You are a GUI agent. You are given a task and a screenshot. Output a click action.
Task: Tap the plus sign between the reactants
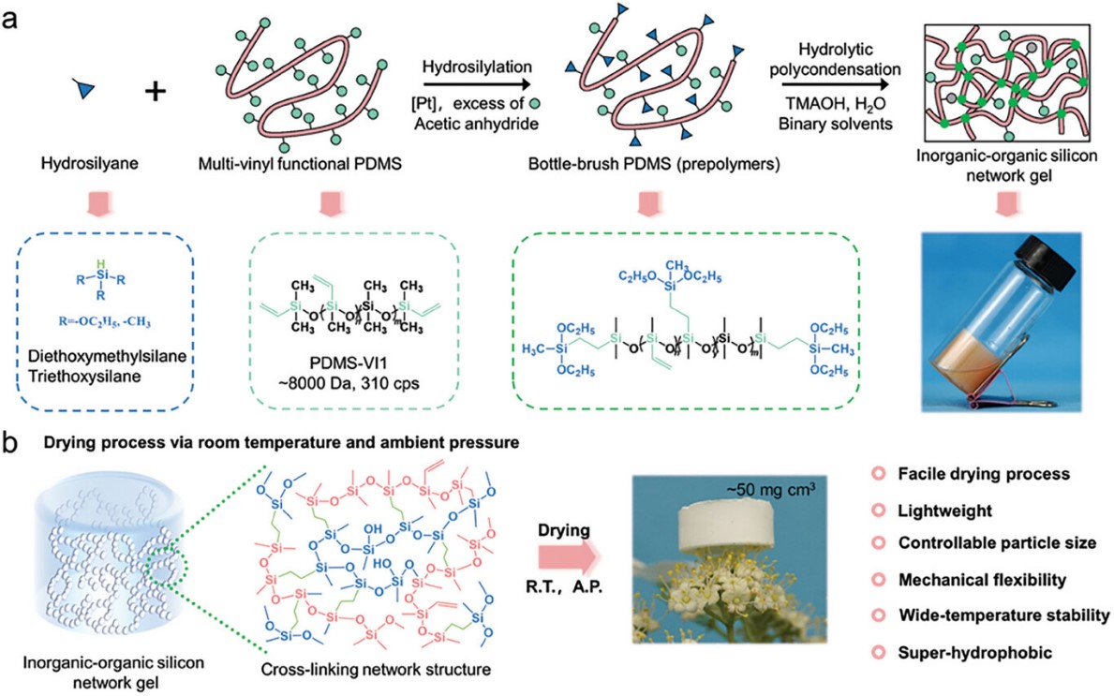click(156, 92)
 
